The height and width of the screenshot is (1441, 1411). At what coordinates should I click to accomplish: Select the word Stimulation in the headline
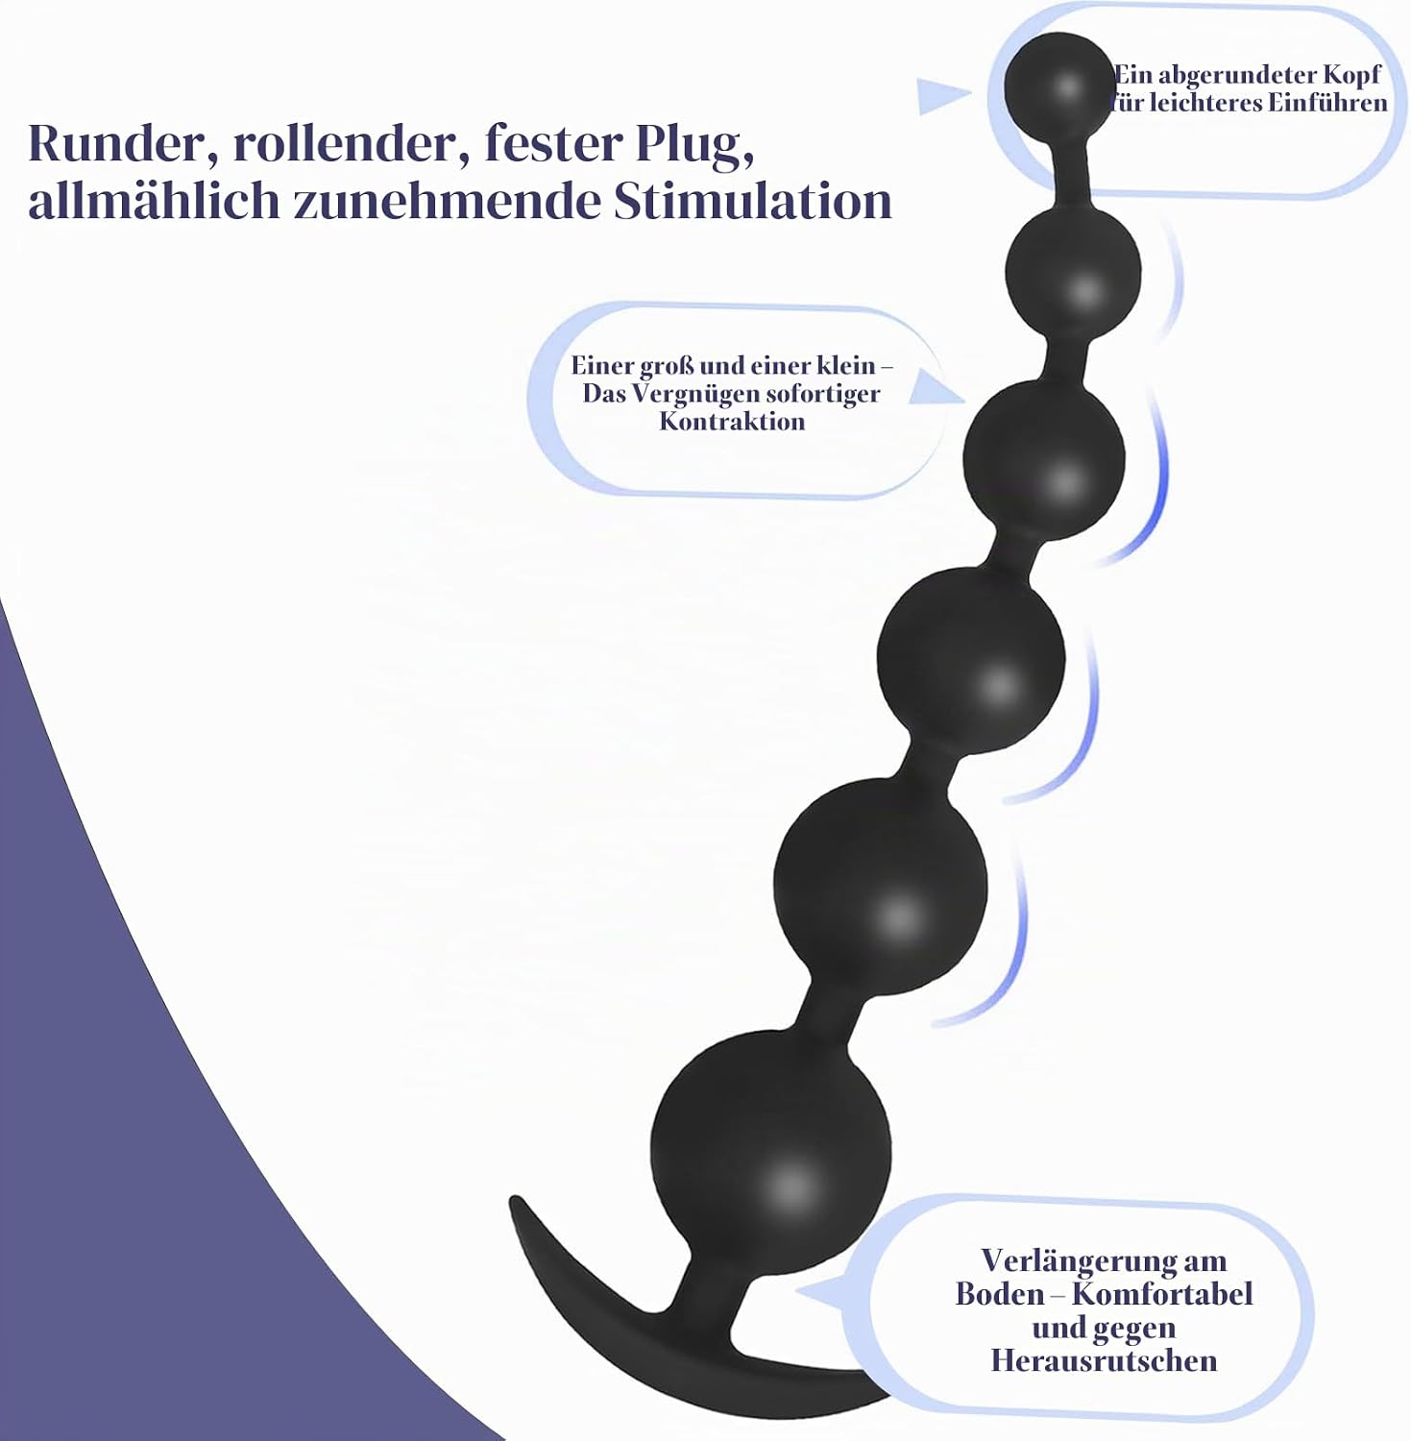click(753, 202)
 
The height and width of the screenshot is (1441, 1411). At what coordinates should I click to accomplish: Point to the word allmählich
click(154, 202)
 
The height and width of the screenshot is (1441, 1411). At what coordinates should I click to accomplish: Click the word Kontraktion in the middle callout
click(732, 421)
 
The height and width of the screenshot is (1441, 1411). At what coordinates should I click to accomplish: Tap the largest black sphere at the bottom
click(771, 1148)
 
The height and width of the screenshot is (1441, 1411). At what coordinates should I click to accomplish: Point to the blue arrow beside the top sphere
click(943, 96)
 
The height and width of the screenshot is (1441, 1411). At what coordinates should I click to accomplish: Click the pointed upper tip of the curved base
click(514, 1200)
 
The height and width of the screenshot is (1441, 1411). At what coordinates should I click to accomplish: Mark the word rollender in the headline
click(346, 143)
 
